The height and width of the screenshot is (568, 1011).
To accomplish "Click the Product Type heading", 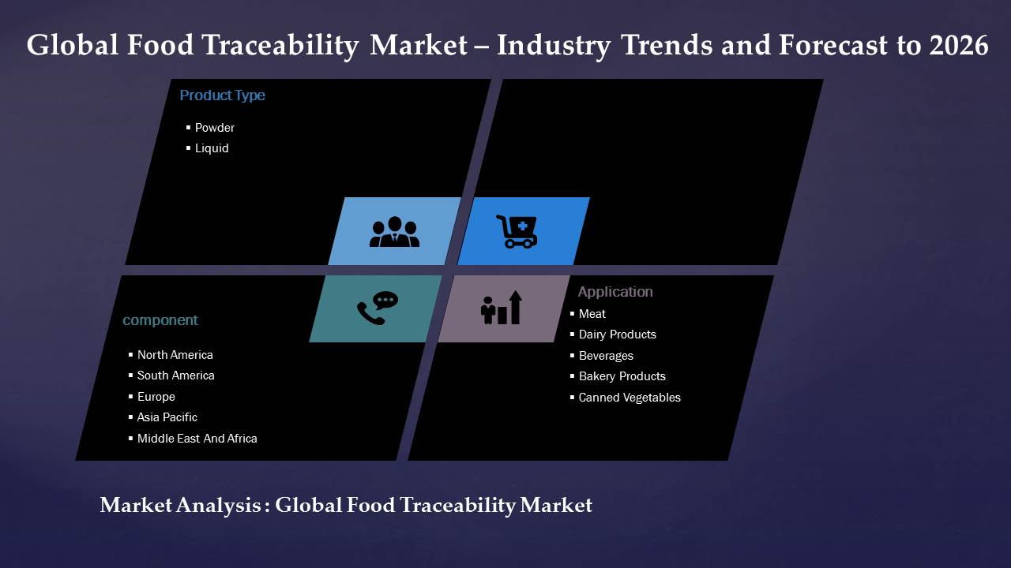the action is pyautogui.click(x=222, y=95).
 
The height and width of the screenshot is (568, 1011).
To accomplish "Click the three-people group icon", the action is pyautogui.click(x=394, y=232).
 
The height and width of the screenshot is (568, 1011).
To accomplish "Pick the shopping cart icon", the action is pyautogui.click(x=517, y=231).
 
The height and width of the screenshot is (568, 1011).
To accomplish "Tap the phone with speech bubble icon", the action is pyautogui.click(x=378, y=308).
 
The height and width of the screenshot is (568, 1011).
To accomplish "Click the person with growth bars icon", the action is pyautogui.click(x=502, y=308).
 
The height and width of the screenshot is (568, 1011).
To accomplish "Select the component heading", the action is pyautogui.click(x=160, y=320).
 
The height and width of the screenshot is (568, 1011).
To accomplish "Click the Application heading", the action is pyautogui.click(x=615, y=292).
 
